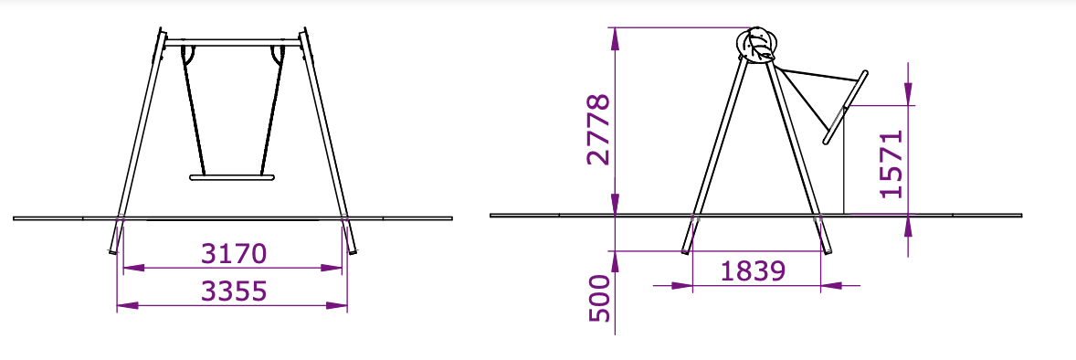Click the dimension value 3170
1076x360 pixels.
[233, 254]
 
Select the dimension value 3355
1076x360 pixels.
[233, 291]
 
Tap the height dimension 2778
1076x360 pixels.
[598, 129]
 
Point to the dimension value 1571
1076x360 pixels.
[891, 163]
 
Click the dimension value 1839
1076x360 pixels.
[753, 271]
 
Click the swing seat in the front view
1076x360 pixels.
[232, 178]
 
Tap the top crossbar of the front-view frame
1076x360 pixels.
[233, 43]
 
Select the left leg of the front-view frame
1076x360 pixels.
[137, 142]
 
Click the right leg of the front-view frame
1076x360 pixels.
[329, 142]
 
